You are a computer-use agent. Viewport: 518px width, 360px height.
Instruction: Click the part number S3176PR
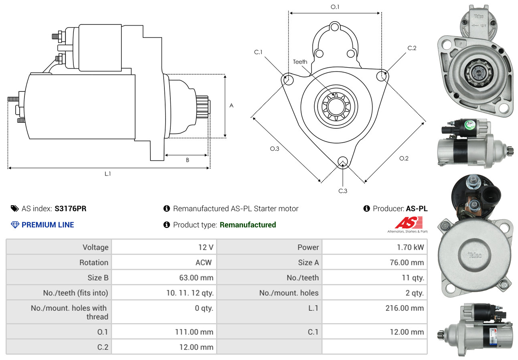pyautogui.click(x=70, y=208)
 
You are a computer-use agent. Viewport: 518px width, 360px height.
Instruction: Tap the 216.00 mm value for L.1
pyautogui.click(x=407, y=308)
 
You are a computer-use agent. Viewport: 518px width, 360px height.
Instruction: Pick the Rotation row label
pyautogui.click(x=93, y=263)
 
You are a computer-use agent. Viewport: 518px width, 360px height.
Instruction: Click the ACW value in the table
pyautogui.click(x=203, y=263)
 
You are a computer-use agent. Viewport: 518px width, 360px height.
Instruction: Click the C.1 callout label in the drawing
pyautogui.click(x=258, y=52)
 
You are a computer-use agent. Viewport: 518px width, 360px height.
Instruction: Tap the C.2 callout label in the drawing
pyautogui.click(x=412, y=48)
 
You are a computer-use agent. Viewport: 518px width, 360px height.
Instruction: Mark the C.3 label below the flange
pyautogui.click(x=343, y=191)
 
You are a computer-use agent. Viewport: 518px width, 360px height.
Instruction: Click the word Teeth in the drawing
pyautogui.click(x=300, y=62)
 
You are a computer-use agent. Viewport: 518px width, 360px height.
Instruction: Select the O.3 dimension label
pyautogui.click(x=274, y=149)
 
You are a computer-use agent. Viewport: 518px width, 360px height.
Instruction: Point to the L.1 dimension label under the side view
pyautogui.click(x=107, y=174)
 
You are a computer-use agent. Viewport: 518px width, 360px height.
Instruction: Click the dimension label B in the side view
pyautogui.click(x=187, y=160)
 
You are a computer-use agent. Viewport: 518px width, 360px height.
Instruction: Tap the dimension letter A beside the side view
pyautogui.click(x=231, y=106)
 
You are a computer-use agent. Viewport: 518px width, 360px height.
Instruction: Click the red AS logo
pyautogui.click(x=409, y=223)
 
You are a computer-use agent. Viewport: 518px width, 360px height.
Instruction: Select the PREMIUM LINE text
pyautogui.click(x=48, y=225)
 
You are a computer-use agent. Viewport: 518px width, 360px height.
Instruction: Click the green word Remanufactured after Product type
pyautogui.click(x=248, y=225)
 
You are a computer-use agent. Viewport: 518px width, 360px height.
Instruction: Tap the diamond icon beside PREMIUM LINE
pyautogui.click(x=15, y=225)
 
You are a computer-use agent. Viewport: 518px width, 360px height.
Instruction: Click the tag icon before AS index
pyautogui.click(x=14, y=208)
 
